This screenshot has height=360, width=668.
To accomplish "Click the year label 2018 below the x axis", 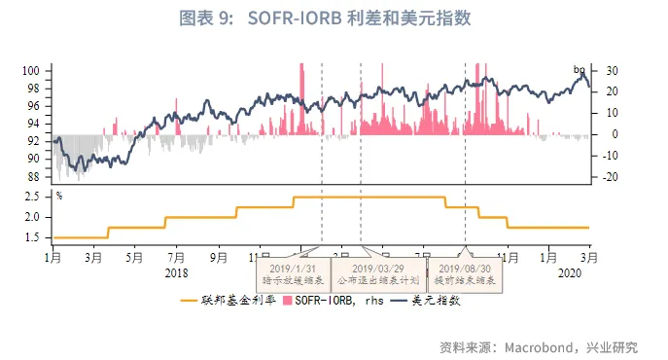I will point(176,271).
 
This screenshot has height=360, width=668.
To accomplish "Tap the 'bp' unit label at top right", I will point(580,69).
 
